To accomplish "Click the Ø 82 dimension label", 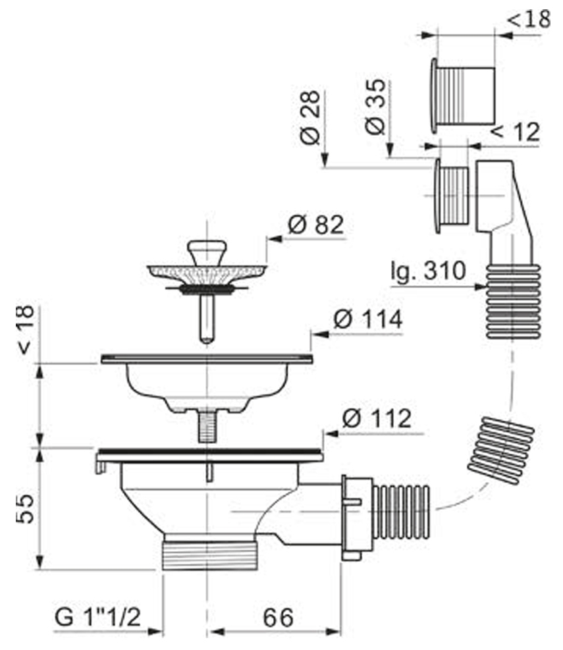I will click(315, 225).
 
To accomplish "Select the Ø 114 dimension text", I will click(367, 320).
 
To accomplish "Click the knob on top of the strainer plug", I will click(207, 251).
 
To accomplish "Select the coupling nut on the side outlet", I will click(354, 518).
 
